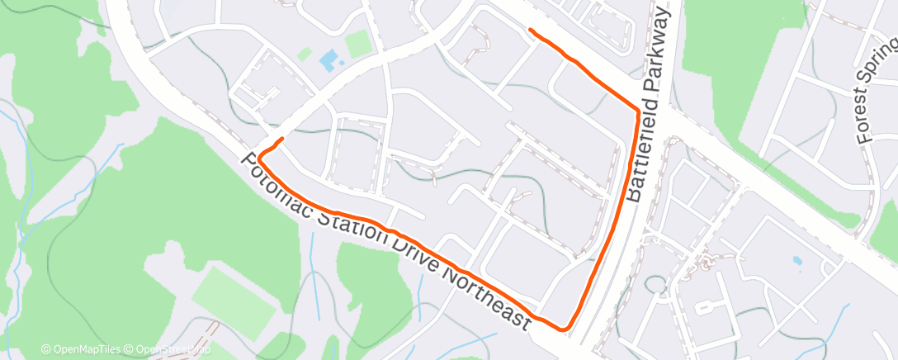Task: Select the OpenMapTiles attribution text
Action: pyautogui.click(x=86, y=349)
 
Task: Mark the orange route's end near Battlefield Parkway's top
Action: pyautogui.click(x=531, y=31)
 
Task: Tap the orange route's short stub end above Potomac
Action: pyautogui.click(x=282, y=139)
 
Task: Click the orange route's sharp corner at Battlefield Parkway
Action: pyautogui.click(x=638, y=109)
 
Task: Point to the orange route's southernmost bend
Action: pyautogui.click(x=565, y=329)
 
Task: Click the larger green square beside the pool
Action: pyautogui.click(x=358, y=44)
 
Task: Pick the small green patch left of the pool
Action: pyautogui.click(x=305, y=54)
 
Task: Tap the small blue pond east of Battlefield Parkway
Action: pyautogui.click(x=796, y=260)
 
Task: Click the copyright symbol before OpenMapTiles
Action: pyautogui.click(x=46, y=349)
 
